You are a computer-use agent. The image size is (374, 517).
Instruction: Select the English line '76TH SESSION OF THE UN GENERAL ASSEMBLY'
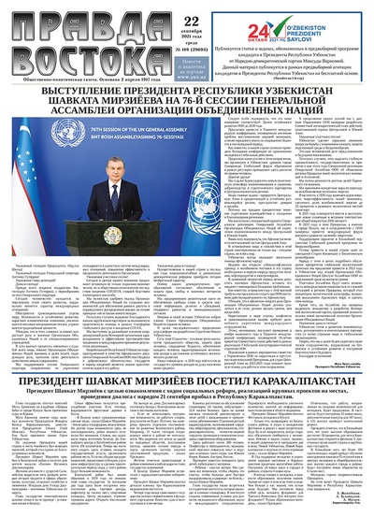click(x=140, y=152)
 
